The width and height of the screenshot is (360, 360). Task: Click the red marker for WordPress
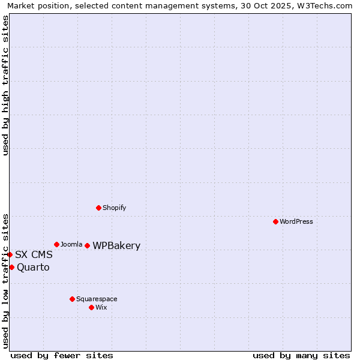click(275, 221)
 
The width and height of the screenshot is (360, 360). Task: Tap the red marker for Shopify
click(98, 208)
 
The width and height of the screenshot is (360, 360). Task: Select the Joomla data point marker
click(56, 244)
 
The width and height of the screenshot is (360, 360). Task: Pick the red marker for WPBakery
click(87, 245)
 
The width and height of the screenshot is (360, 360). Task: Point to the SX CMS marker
click(10, 254)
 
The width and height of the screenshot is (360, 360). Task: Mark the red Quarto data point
click(11, 267)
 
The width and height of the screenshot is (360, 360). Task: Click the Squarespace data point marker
click(72, 299)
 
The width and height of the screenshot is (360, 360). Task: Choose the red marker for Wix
click(91, 307)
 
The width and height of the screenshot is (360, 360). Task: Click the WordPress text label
click(296, 221)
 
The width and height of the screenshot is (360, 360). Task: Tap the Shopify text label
click(114, 208)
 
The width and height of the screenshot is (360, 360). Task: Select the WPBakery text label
click(116, 245)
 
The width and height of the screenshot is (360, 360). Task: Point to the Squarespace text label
click(97, 299)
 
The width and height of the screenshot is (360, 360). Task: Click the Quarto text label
click(33, 267)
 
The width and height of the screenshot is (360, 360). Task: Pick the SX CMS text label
click(34, 254)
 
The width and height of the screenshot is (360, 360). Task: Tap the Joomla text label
click(71, 244)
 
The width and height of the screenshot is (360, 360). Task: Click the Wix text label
click(101, 307)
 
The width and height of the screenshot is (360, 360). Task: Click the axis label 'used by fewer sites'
click(62, 355)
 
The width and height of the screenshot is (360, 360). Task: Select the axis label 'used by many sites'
click(301, 355)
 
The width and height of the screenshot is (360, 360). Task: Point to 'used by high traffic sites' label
click(5, 85)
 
